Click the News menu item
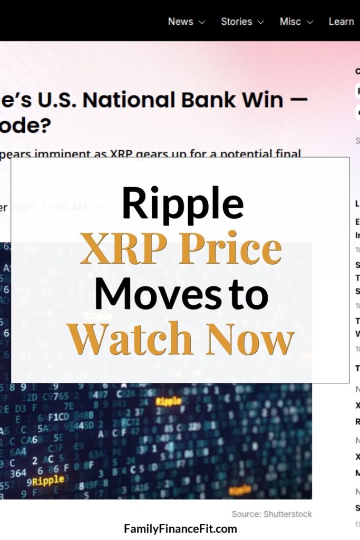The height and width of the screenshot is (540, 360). click(x=180, y=22)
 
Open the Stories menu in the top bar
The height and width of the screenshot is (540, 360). click(x=236, y=22)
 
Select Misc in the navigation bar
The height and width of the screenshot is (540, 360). click(x=290, y=22)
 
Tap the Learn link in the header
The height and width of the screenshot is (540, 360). click(x=341, y=22)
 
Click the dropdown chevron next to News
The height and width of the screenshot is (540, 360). click(x=201, y=22)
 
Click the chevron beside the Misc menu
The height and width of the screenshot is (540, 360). click(x=309, y=22)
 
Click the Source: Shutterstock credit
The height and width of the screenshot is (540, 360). click(x=271, y=514)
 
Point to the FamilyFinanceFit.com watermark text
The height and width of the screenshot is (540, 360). click(x=180, y=528)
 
